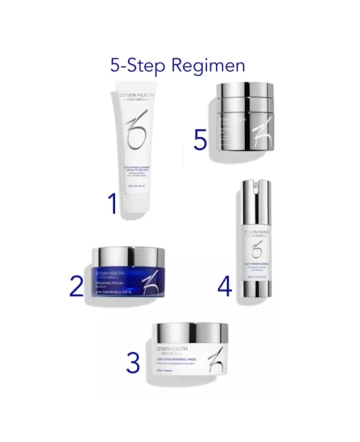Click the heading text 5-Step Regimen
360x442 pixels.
(178, 64)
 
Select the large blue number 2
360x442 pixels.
(76, 285)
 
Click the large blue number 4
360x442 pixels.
(224, 286)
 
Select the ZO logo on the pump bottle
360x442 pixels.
(257, 248)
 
